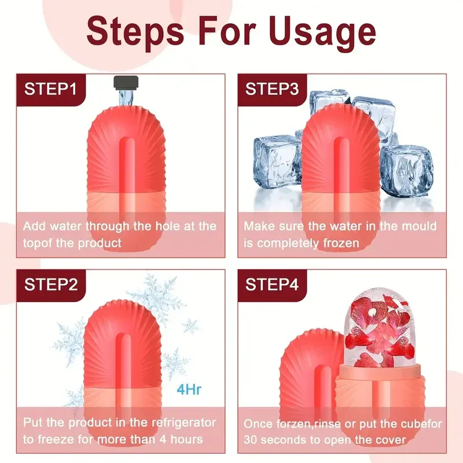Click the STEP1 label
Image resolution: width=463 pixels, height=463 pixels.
tap(50, 89)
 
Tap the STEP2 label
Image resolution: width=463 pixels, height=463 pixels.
tap(50, 284)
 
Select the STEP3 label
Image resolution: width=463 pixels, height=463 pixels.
tap(272, 89)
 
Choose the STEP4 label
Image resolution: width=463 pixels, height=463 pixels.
tap(272, 284)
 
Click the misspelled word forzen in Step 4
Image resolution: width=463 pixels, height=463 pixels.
tap(294, 424)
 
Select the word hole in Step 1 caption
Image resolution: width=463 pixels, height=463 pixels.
tap(168, 226)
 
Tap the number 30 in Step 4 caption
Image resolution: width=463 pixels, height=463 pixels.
tap(252, 439)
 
